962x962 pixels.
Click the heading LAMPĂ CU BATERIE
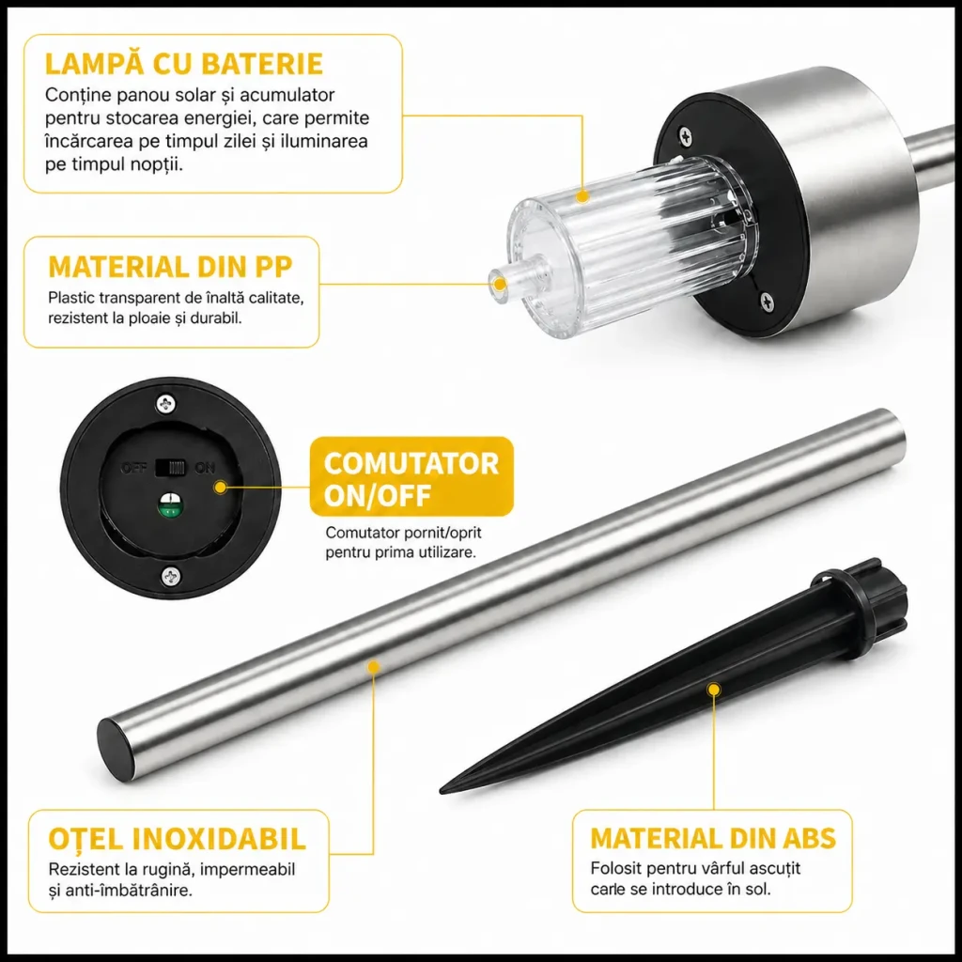pos(184,65)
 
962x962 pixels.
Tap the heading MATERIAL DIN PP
pos(171,267)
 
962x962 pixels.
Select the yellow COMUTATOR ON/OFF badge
pos(411,476)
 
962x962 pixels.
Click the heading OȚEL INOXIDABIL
pos(177,839)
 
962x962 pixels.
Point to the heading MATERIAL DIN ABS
pos(713,838)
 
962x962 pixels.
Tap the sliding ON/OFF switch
pos(170,468)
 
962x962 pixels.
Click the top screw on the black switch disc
pos(165,404)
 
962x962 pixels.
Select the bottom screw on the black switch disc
pos(171,576)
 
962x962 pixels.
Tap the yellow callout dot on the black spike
pos(713,690)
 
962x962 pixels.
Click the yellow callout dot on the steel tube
pos(373,666)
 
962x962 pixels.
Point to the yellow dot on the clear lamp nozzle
pos(500,285)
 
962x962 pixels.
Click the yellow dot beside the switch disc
pos(221,488)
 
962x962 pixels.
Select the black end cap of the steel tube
pos(116,749)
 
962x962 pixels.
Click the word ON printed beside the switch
pos(205,468)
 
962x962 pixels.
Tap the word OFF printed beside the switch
pos(133,468)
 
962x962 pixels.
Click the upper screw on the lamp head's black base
pos(685,137)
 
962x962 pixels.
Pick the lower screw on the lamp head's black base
pos(767,301)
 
